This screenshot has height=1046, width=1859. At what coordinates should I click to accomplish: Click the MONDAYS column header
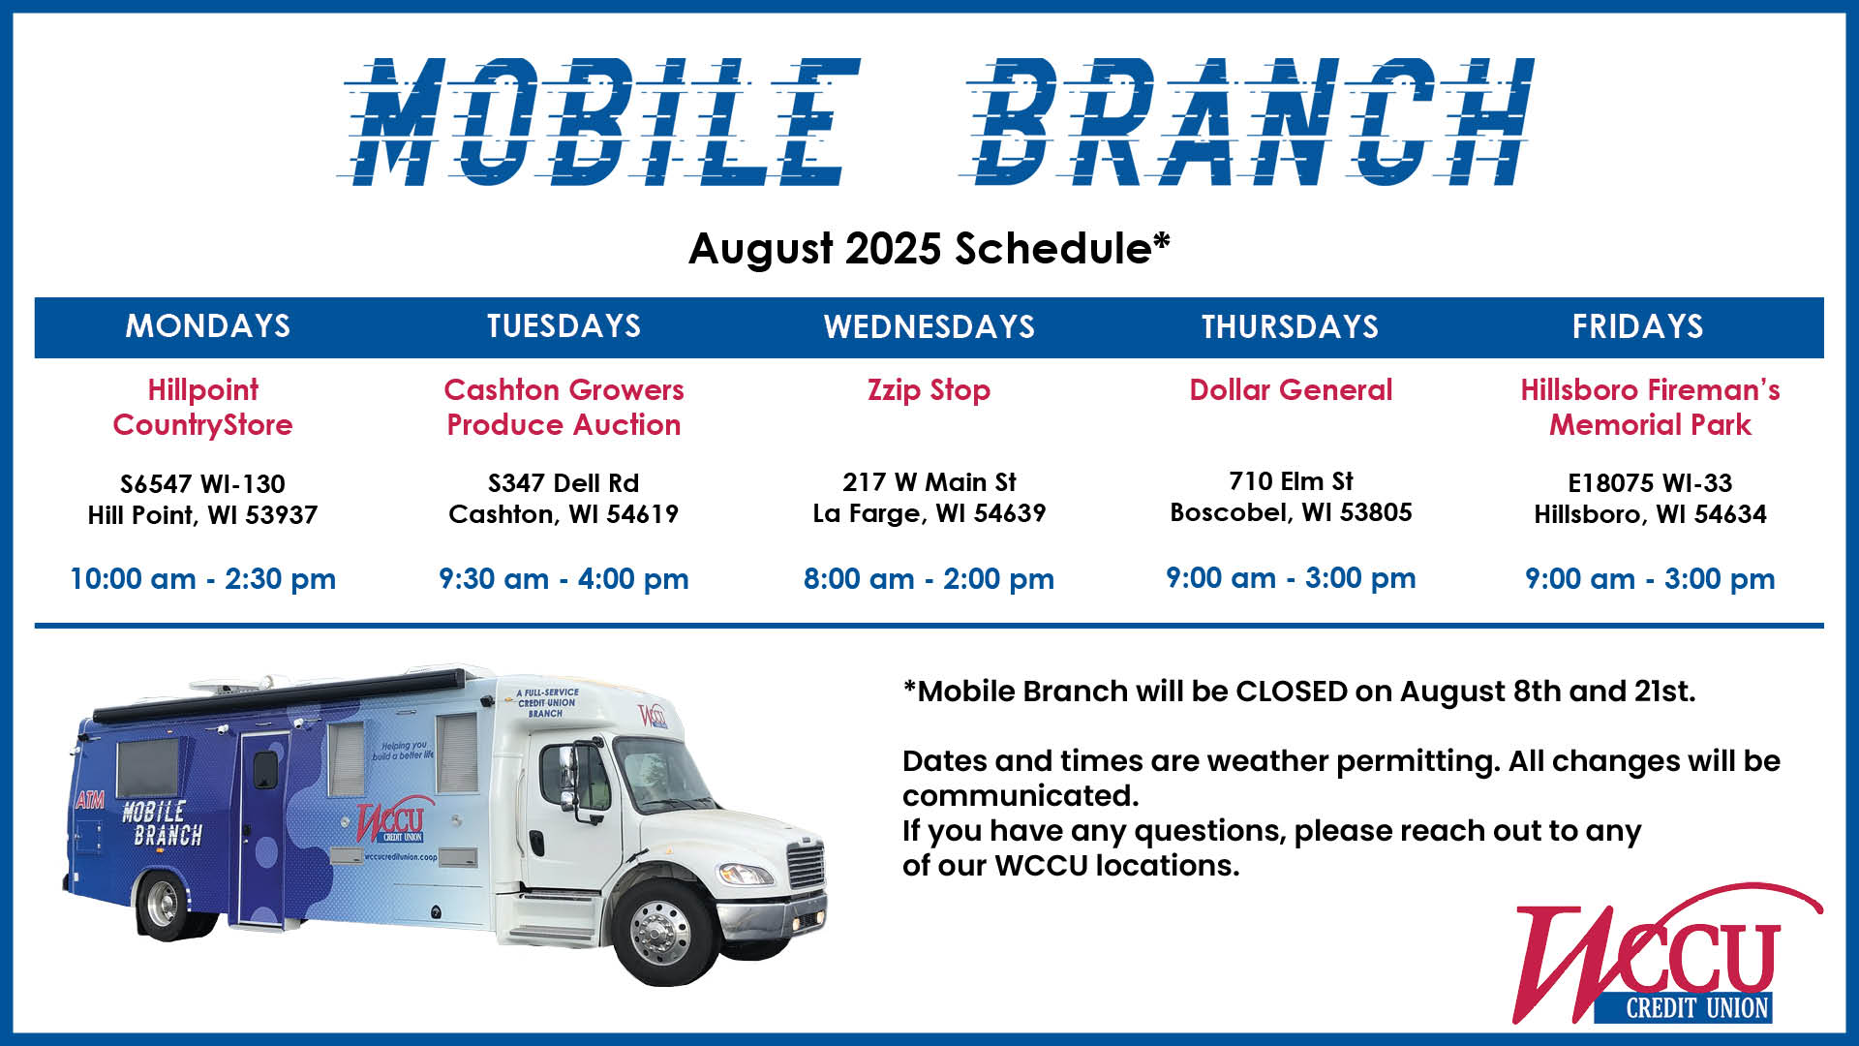[x=208, y=326]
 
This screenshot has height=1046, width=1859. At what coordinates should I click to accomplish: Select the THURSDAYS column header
[x=1290, y=326]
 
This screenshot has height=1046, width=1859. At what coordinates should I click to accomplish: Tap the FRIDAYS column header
[x=1637, y=326]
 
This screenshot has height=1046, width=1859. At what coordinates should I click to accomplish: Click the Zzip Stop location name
[x=929, y=390]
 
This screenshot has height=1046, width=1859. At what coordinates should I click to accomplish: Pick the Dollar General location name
[x=1291, y=389]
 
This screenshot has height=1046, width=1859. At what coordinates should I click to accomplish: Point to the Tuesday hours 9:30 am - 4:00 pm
[x=564, y=579]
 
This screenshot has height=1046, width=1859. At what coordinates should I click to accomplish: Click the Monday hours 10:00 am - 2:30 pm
[x=202, y=579]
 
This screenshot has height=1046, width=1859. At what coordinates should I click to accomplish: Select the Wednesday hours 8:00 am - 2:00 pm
[x=929, y=579]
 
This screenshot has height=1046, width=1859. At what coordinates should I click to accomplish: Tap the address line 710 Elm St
[x=1291, y=481]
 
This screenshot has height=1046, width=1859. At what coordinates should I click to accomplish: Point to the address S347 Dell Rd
[x=564, y=482]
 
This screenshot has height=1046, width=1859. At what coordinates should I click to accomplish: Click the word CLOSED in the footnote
[x=1292, y=692]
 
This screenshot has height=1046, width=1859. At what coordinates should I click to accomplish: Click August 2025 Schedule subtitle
[x=929, y=249]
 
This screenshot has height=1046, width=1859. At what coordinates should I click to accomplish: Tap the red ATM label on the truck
[x=90, y=800]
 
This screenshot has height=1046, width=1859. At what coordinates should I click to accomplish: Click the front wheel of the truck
[x=661, y=932]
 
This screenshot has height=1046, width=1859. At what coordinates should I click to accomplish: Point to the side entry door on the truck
[x=262, y=823]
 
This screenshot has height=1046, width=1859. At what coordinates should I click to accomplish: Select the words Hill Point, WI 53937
[x=202, y=515]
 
